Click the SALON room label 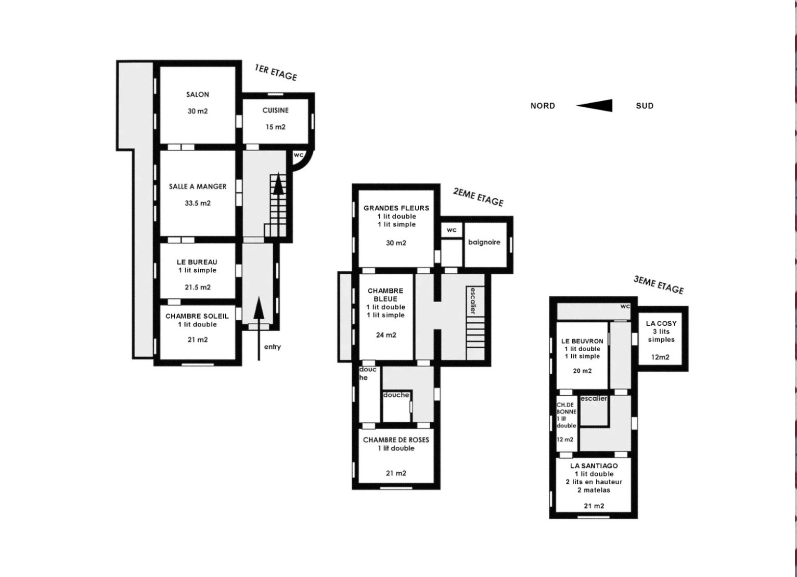tap(198, 94)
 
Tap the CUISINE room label tap(275, 110)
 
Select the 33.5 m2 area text tap(198, 203)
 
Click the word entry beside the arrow tap(273, 347)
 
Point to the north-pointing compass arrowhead tap(594, 105)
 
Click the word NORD tap(543, 106)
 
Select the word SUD tap(645, 106)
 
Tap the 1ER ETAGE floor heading tap(276, 73)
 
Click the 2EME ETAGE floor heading tap(478, 197)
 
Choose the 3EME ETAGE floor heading tap(659, 285)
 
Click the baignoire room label tap(484, 242)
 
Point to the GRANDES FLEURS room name tap(396, 208)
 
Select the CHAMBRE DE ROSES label tap(396, 440)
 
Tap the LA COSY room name tap(661, 323)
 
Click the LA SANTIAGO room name tap(594, 466)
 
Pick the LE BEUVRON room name tap(582, 341)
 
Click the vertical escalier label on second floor tap(473, 300)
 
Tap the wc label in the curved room tap(299, 155)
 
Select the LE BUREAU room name tap(197, 262)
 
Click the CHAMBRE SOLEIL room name tap(197, 316)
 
